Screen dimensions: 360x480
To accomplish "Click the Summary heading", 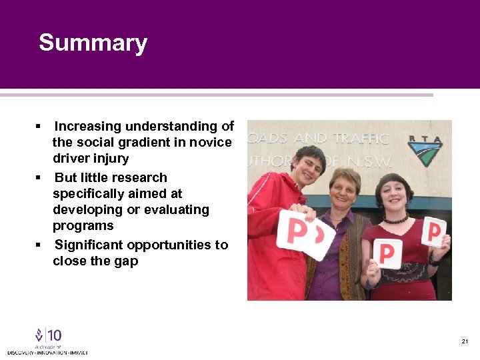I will (x=93, y=43).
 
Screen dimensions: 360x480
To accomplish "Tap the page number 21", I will (x=465, y=341).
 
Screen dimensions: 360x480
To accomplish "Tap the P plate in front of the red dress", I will (x=387, y=253).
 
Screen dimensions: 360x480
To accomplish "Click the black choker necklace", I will (x=395, y=219).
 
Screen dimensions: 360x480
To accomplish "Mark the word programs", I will (x=83, y=225).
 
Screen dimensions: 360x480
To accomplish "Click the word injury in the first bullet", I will (x=111, y=159).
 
